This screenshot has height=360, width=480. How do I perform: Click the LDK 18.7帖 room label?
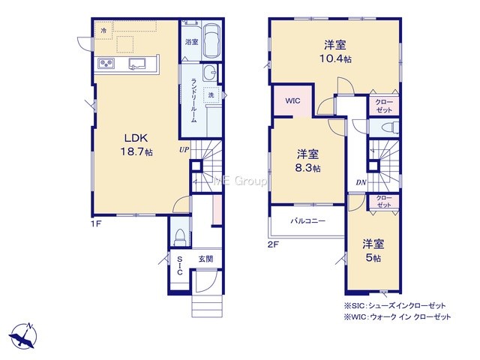click(x=136, y=145)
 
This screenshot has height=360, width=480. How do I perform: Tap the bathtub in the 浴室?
click(x=211, y=41)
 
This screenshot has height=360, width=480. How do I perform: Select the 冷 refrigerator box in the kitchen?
click(x=104, y=31)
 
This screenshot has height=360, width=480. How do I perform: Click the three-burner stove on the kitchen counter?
click(x=106, y=64)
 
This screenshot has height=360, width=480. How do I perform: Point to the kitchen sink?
click(x=136, y=64)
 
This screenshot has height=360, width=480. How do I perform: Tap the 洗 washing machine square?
click(x=211, y=95)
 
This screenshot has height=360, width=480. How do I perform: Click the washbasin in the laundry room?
click(x=209, y=72)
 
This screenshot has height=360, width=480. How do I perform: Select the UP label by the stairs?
click(x=184, y=150)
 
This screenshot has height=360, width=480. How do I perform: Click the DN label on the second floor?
click(x=361, y=182)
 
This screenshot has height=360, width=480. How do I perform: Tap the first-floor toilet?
click(x=180, y=237)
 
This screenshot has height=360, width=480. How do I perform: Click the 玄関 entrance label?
click(x=205, y=259)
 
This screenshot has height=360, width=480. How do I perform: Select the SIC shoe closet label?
click(x=180, y=265)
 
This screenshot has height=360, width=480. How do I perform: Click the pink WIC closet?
click(x=293, y=101)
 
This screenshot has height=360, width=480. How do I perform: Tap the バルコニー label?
click(x=307, y=220)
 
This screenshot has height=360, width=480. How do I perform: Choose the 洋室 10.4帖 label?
click(x=335, y=52)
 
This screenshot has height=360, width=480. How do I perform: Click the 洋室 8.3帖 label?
click(x=307, y=160)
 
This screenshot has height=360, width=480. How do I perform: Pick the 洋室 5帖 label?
click(x=373, y=251)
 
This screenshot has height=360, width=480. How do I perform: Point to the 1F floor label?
click(x=96, y=224)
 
